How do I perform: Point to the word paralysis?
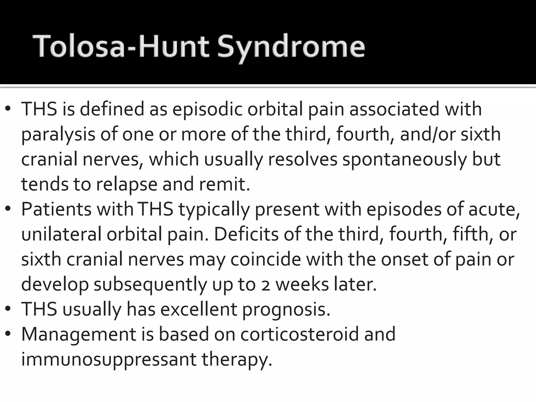(x=58, y=134)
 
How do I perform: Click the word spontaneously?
(x=404, y=159)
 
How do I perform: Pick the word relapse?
(x=127, y=185)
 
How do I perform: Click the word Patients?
(x=56, y=209)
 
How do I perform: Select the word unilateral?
(x=61, y=234)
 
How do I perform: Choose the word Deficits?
(x=246, y=234)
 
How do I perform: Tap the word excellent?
(x=199, y=309)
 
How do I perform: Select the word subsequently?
(x=150, y=285)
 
